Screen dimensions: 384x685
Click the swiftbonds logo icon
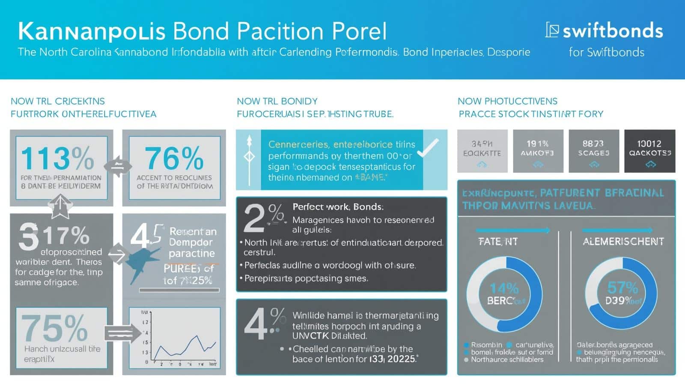tap(552, 30)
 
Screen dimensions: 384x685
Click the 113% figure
tap(57, 159)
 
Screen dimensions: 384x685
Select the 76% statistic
tap(174, 159)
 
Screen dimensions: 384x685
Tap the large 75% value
tap(54, 329)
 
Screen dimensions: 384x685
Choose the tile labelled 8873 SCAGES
tap(593, 151)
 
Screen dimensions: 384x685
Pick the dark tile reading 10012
tap(649, 151)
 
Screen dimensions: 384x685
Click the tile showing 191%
tap(538, 151)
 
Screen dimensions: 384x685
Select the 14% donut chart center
tap(503, 294)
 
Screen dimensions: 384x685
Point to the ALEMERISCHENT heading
tap(623, 242)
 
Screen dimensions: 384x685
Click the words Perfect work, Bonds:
tap(338, 207)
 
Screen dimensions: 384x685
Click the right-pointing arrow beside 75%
tap(122, 333)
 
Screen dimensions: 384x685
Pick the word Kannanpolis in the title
tap(92, 31)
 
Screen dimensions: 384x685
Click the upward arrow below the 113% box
tap(60, 205)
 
